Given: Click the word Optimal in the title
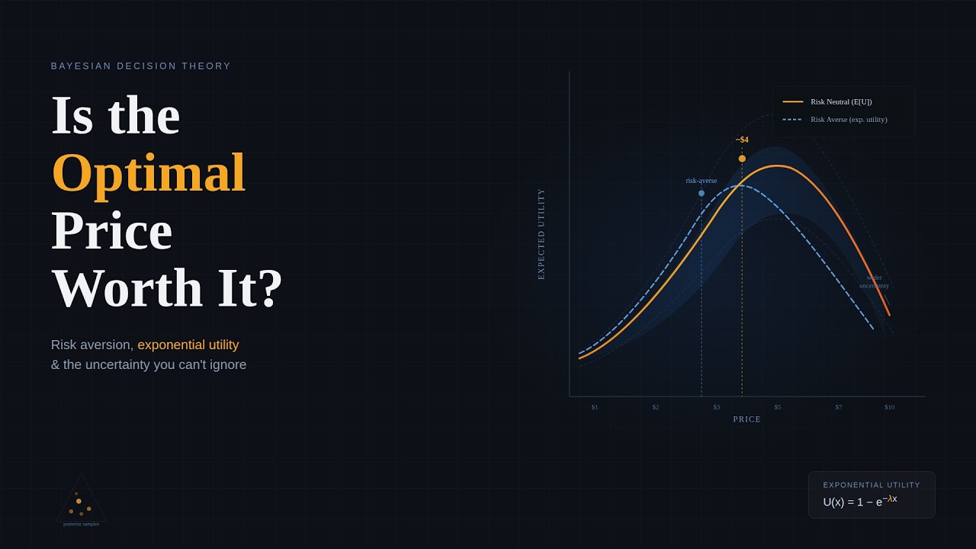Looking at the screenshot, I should (148, 173).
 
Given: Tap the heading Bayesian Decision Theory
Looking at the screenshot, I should (141, 66).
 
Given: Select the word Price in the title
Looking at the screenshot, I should (111, 230).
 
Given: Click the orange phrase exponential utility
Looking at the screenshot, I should (188, 345).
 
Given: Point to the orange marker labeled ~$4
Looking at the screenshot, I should (742, 159).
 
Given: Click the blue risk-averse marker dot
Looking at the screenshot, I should (701, 194).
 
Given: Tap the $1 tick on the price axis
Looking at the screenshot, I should (595, 407).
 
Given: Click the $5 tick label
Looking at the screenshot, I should (778, 407).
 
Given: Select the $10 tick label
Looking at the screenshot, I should (889, 407).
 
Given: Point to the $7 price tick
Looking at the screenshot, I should (839, 407).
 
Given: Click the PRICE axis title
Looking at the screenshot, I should (747, 419).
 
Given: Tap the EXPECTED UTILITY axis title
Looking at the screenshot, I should (541, 234).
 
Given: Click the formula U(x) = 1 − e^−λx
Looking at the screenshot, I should (860, 501).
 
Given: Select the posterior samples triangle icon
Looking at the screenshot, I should (81, 500).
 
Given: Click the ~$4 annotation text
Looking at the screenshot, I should (742, 140).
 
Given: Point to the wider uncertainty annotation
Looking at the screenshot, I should (874, 282).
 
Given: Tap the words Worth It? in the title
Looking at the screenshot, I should (167, 288).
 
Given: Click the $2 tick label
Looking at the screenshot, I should (656, 407).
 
